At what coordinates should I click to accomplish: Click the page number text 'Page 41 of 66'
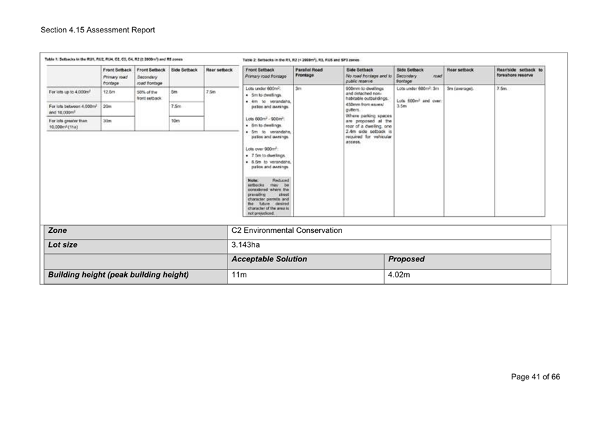535,377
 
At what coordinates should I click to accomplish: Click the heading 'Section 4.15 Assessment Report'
97,30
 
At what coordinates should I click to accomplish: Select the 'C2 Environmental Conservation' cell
286,230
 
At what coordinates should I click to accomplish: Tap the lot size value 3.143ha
245,244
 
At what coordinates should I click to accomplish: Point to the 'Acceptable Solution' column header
269,259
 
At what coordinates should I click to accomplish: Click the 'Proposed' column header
406,259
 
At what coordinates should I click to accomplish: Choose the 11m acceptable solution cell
239,275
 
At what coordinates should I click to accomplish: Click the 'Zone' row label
57,230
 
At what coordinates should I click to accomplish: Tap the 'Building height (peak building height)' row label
118,275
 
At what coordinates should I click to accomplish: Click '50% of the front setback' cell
149,95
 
